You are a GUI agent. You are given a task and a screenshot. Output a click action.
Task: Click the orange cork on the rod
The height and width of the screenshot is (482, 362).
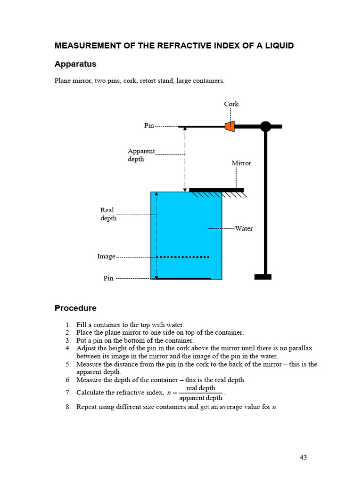229,126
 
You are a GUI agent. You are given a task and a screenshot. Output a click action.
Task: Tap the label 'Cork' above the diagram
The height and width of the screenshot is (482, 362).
231,104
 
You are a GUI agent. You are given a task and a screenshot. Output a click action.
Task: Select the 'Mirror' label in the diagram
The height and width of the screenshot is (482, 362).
241,163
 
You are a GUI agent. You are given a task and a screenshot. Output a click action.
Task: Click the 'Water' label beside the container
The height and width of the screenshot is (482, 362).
244,229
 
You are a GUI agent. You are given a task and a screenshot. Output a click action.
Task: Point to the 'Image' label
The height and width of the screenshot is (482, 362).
106,257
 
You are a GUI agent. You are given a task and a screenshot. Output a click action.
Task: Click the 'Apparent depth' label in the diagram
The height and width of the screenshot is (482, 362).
141,155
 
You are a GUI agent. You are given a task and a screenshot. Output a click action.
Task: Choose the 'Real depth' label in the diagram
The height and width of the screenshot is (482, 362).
108,214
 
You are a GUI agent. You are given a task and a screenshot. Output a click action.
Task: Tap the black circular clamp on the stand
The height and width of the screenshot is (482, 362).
265,126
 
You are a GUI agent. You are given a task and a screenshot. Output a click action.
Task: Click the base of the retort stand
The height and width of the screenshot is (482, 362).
263,277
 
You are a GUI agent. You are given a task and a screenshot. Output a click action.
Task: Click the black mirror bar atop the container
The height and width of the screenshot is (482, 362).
216,190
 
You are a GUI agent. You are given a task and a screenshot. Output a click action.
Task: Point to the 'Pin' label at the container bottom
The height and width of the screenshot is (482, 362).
108,278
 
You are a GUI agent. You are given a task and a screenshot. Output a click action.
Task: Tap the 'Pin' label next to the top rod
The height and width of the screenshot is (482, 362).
149,126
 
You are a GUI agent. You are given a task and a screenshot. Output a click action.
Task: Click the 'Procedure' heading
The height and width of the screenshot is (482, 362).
75,308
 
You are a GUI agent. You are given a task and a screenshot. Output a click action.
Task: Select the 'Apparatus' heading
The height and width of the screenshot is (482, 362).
75,64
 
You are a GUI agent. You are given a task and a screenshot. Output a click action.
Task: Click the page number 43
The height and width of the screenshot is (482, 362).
303,458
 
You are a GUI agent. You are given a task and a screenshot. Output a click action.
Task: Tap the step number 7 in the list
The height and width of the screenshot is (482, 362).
68,393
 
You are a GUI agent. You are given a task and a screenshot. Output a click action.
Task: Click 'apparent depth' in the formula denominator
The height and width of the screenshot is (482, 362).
201,398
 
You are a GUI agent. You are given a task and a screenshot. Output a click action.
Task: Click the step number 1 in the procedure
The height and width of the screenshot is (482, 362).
68,325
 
